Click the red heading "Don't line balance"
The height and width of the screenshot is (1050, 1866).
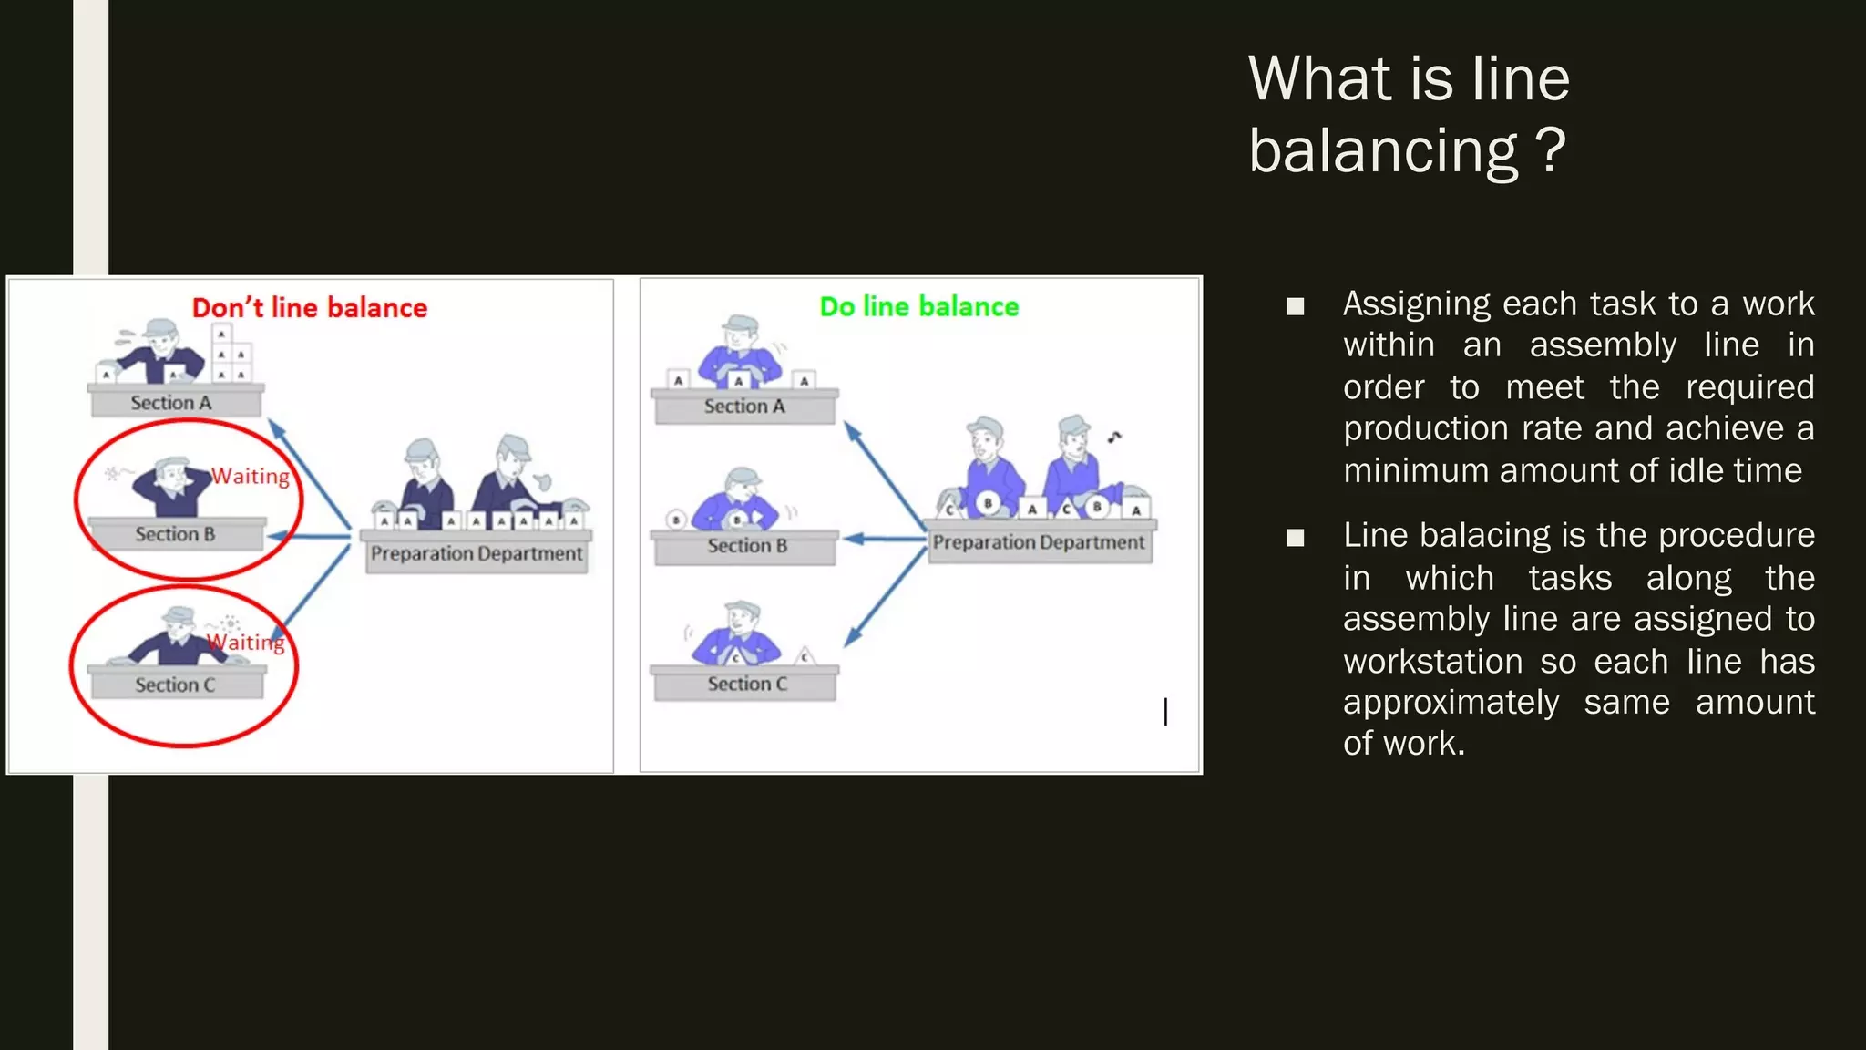309,308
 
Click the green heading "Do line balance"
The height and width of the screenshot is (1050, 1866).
918,307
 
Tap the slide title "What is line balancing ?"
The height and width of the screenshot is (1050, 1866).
1409,114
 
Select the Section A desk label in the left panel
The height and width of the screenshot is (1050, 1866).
171,403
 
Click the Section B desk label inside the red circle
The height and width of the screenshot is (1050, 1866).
175,534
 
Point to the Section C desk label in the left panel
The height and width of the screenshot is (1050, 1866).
175,685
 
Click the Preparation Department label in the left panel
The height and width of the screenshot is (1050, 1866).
477,554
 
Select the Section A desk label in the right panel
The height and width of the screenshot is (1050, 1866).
743,407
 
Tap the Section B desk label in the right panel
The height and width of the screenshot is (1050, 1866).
747,546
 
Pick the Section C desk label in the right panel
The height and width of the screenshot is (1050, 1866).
747,684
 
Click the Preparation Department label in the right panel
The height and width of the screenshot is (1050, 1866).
1039,542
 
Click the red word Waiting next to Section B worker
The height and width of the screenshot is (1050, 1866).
250,476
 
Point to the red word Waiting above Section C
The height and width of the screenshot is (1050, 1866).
246,643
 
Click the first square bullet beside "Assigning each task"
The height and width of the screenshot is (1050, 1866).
1295,306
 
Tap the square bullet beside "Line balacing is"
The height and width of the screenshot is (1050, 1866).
1295,538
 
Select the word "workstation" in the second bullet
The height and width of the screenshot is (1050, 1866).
1432,661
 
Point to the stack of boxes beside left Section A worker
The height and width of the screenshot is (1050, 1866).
231,355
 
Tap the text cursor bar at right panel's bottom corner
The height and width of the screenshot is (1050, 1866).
1165,711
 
